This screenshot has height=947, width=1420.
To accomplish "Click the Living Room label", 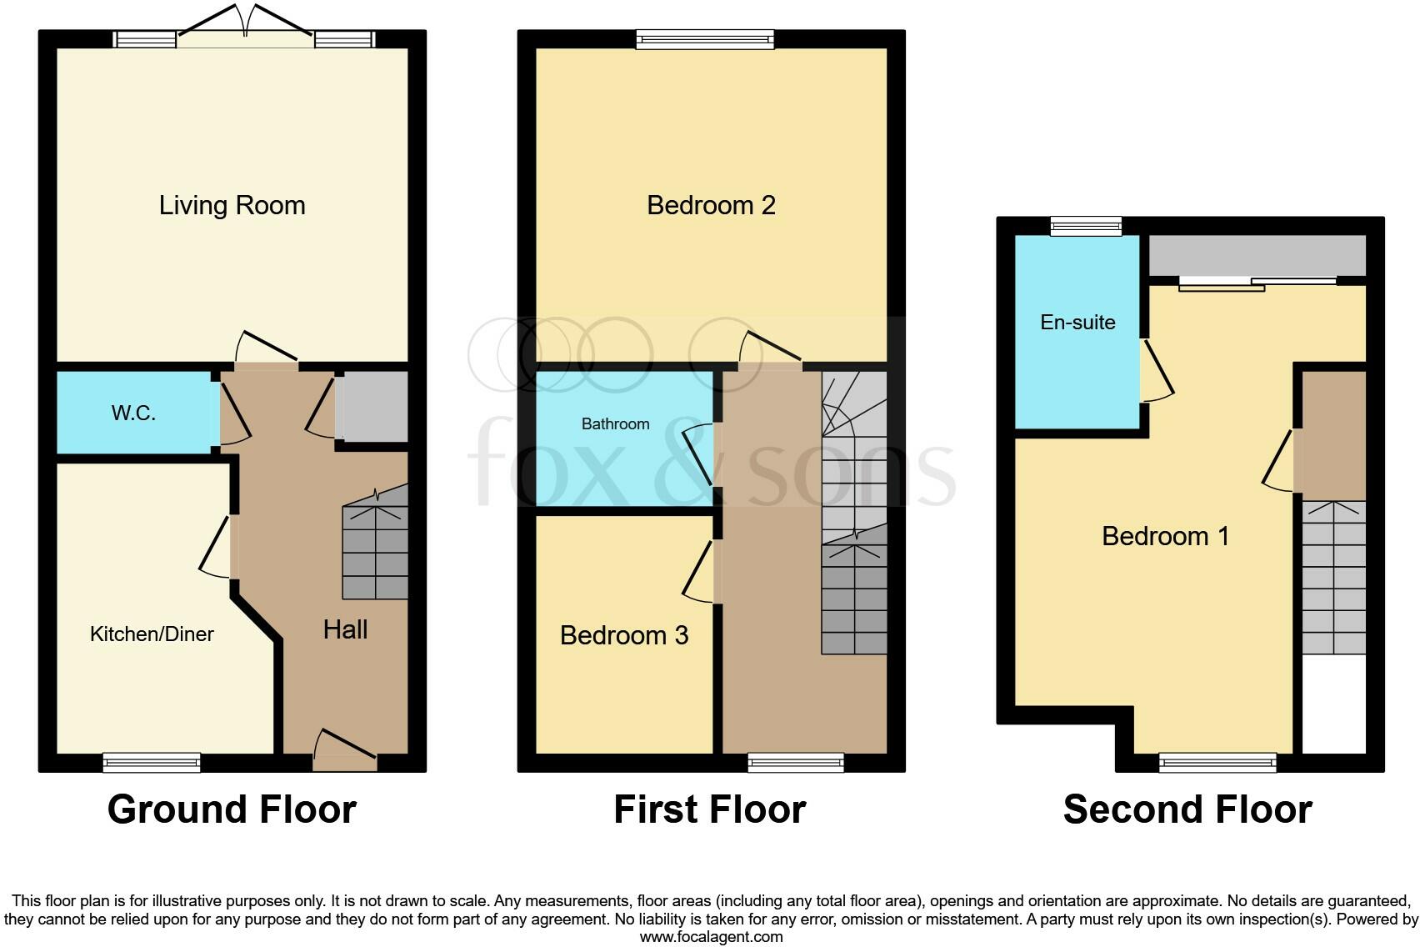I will [232, 205].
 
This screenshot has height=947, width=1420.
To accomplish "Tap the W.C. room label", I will [133, 413].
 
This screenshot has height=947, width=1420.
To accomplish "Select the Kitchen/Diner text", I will [152, 634].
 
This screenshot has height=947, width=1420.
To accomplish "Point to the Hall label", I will [345, 629].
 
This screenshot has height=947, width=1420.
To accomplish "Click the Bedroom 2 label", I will [711, 205].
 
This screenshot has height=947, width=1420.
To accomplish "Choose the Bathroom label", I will [615, 424].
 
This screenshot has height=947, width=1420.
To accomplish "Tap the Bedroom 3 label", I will [624, 635].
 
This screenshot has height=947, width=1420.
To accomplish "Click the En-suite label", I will [1077, 323].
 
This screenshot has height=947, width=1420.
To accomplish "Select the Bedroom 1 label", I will [1165, 536].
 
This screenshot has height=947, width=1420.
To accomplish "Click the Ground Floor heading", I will [232, 809].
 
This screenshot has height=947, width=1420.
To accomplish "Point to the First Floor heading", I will [709, 809].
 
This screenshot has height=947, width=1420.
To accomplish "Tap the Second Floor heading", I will [1187, 809].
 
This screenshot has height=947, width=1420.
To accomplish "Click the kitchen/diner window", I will [152, 761].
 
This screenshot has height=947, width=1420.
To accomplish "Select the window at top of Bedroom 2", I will [705, 38].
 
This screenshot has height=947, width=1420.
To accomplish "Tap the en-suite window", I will [1086, 225].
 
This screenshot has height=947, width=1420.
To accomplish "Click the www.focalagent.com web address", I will [711, 937].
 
